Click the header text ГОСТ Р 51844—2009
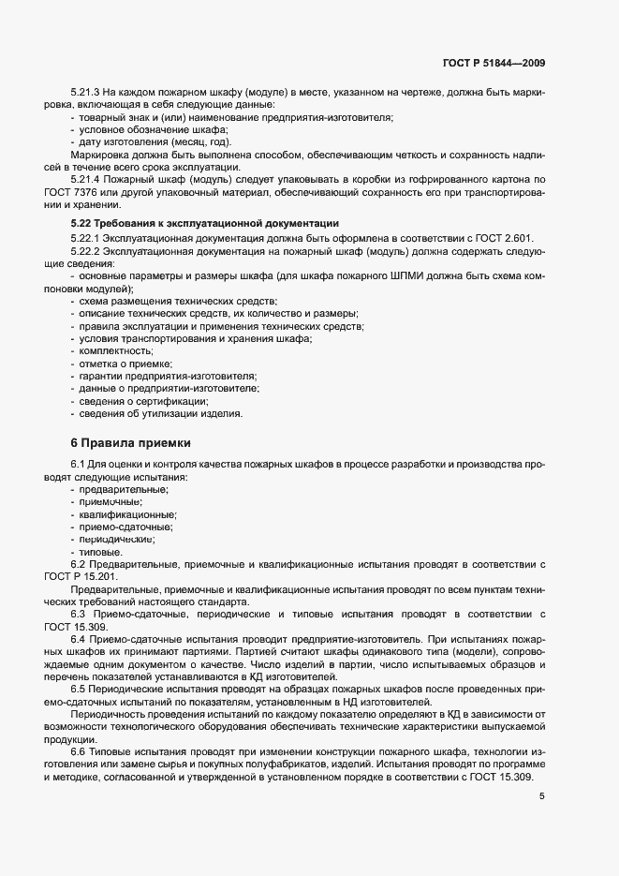tap(494, 63)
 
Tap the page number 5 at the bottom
tap(542, 796)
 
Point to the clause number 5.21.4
tap(85, 178)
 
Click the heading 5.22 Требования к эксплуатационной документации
tap(204, 223)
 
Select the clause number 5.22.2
tap(85, 252)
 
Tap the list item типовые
tap(99, 553)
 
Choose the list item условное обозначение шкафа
tap(154, 129)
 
